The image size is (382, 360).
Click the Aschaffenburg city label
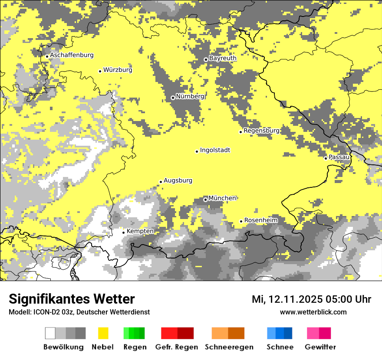(72, 56)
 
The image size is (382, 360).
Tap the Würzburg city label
(118, 70)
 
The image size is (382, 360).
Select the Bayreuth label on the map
(223, 58)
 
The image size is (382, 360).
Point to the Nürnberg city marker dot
(173, 98)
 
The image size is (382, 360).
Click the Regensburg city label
(261, 131)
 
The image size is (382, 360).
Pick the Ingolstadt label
(215, 151)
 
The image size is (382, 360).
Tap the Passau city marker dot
(326, 158)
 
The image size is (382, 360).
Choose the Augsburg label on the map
(178, 181)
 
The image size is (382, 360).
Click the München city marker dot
(205, 200)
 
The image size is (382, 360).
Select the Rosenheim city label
(260, 220)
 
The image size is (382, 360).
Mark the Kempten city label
(140, 231)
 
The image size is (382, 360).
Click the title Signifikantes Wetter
(72, 299)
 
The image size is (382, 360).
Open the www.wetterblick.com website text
(313, 312)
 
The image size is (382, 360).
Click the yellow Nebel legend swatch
(103, 333)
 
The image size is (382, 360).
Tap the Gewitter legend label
(320, 347)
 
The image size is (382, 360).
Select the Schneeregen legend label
(229, 347)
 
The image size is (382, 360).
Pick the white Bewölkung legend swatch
(50, 333)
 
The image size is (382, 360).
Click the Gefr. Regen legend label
(176, 347)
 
